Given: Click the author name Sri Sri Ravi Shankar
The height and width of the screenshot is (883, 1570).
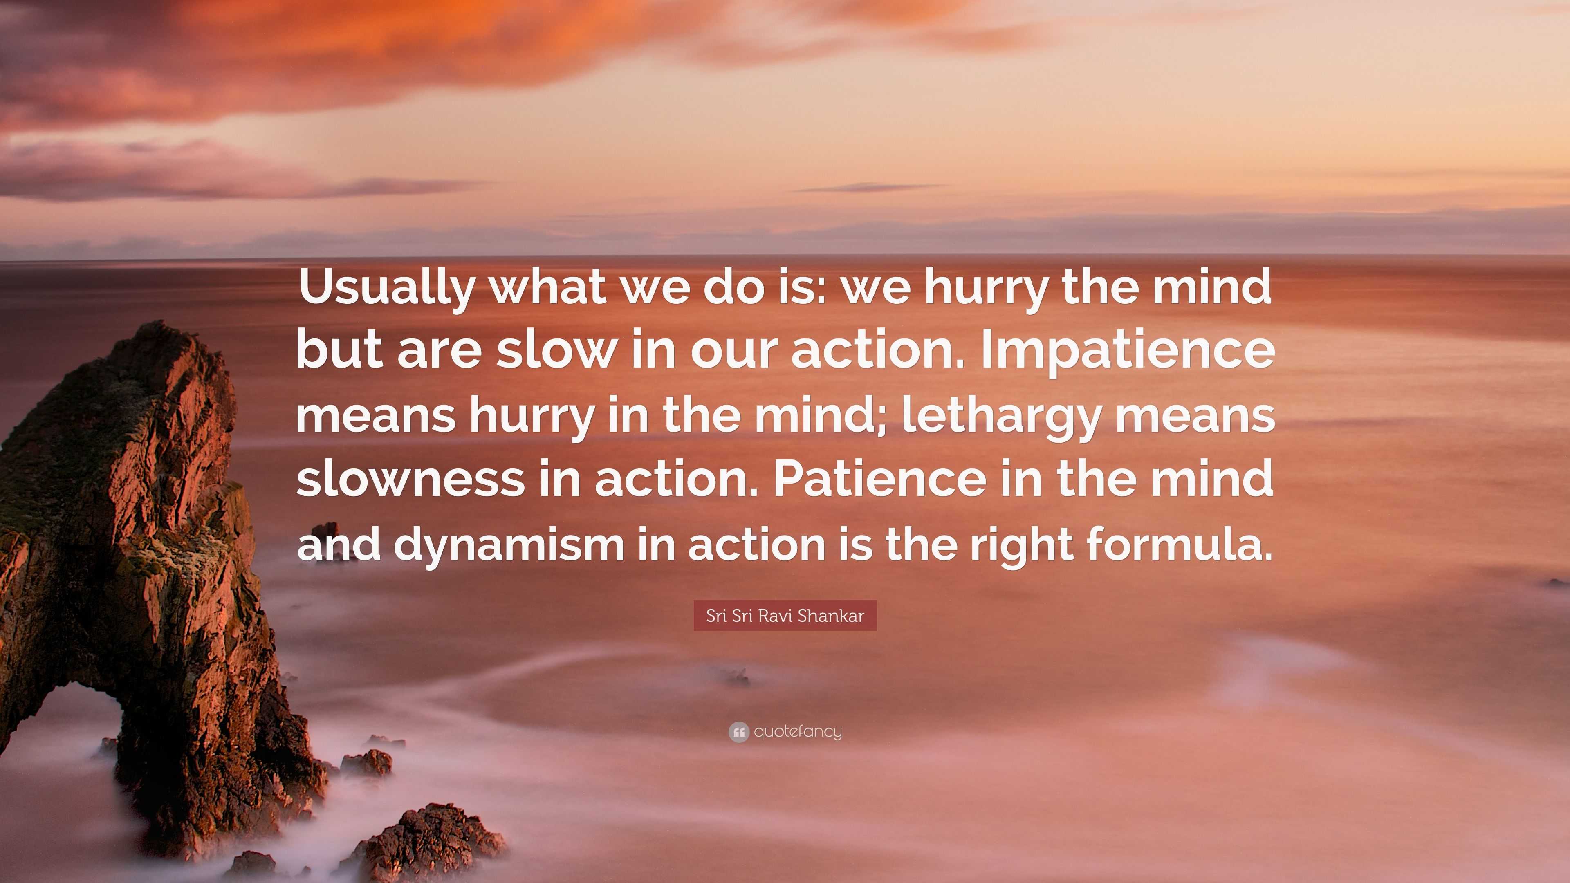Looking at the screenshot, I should coord(785,616).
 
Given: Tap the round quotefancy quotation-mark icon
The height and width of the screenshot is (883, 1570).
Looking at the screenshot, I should coord(738,732).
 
